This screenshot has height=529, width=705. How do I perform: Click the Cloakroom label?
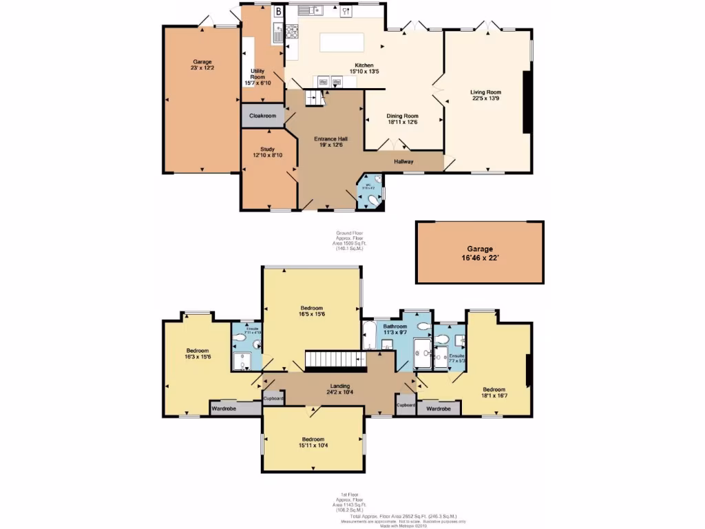coord(262,116)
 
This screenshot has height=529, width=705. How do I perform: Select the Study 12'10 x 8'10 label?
coord(267,152)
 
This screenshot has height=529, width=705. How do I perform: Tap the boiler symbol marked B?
coord(278,11)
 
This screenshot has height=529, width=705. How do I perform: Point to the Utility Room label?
coord(257,76)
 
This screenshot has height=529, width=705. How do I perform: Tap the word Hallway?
coord(403,162)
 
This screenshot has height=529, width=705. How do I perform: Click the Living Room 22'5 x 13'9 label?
coord(485,95)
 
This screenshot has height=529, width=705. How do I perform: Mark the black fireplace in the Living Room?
coord(526,101)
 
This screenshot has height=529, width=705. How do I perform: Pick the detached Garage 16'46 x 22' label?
coord(479,253)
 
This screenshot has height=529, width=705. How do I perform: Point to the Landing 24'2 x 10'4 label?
coord(339,389)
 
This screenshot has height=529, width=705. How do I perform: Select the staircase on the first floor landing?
coord(337,359)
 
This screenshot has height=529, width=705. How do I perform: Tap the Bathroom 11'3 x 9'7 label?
coord(395,329)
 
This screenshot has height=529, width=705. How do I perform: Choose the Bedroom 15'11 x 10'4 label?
coord(312,442)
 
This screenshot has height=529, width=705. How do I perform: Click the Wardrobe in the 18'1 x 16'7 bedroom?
coord(439,408)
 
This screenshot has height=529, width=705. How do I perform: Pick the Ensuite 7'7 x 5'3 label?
coord(457,357)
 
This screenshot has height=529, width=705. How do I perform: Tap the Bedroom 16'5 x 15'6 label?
coord(312,311)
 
